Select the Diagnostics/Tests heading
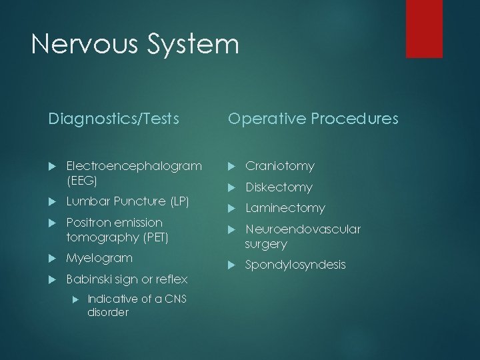[x=113, y=119]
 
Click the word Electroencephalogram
[x=134, y=165]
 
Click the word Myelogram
[x=99, y=257]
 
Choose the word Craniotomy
[x=279, y=165]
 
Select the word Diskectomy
[x=279, y=187]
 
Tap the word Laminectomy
[x=285, y=208]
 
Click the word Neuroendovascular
[x=303, y=229]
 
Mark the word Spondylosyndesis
[x=295, y=265]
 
